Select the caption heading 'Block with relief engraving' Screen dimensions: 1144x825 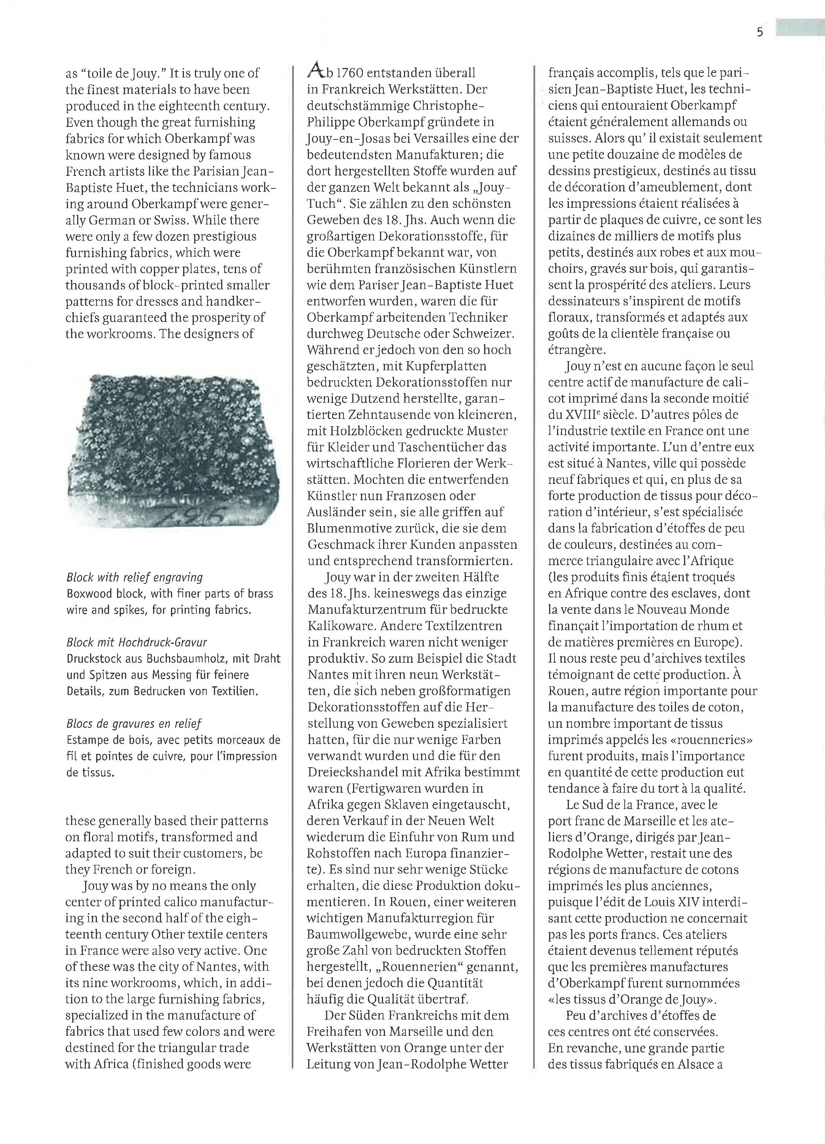(x=135, y=578)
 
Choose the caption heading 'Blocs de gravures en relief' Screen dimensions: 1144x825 (x=134, y=724)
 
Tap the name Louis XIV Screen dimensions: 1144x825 (x=662, y=902)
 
